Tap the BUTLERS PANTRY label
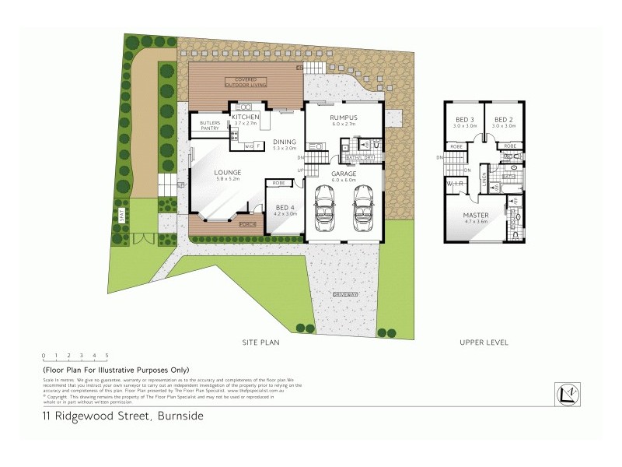[x=210, y=125]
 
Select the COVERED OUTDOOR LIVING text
[x=245, y=82]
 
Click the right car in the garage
[x=362, y=212]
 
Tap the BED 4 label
[x=286, y=207]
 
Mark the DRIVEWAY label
[x=345, y=294]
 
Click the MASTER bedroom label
[x=475, y=214]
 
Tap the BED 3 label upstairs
[x=465, y=119]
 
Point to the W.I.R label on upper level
[x=454, y=184]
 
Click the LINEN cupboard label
[x=484, y=179]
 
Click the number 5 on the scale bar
[x=106, y=355]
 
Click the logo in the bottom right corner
[x=566, y=394]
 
